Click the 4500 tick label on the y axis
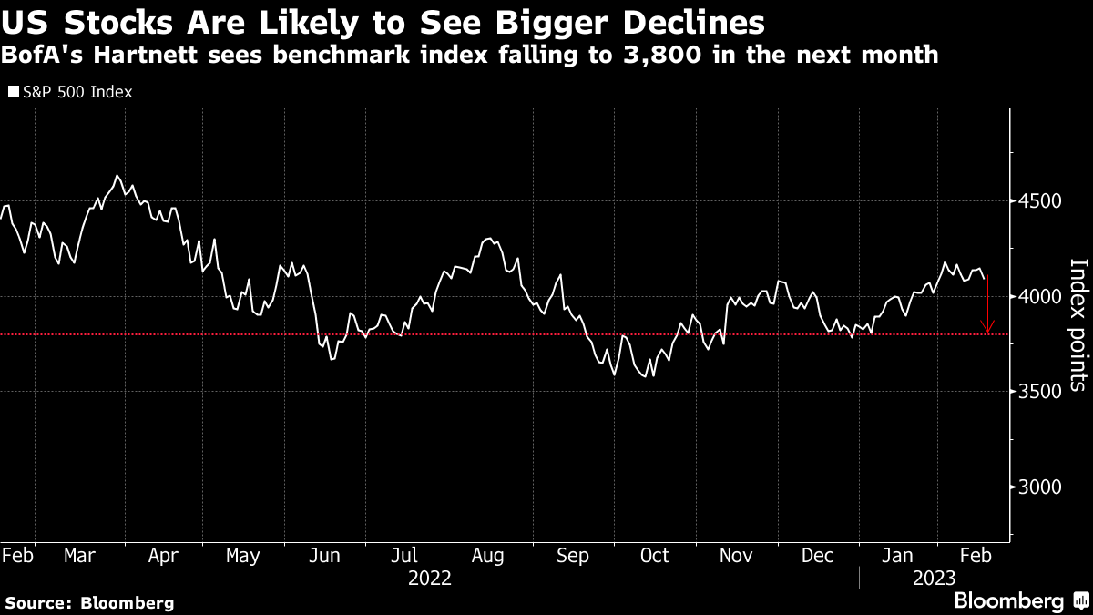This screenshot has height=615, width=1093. click(1037, 201)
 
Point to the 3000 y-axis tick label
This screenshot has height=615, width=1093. click(1037, 487)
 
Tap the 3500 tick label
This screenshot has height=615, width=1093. click(1037, 391)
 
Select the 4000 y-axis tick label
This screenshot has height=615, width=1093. click(1037, 296)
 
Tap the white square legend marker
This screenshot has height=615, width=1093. click(13, 92)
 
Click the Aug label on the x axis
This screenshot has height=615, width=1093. click(487, 556)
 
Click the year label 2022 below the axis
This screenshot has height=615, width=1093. click(429, 578)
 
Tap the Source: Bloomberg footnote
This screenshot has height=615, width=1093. click(89, 602)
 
